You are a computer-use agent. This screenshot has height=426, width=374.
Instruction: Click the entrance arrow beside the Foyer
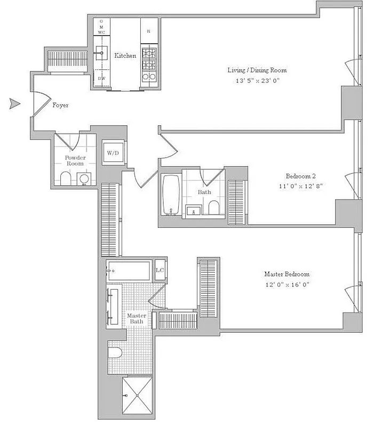point(14,104)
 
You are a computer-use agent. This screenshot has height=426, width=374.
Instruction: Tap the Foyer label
point(60,105)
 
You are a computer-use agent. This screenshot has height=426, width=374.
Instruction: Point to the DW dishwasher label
point(101,79)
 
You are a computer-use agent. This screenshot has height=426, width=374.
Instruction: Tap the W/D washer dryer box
point(113,153)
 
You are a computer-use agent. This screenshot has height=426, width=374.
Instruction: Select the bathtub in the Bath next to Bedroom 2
point(171,195)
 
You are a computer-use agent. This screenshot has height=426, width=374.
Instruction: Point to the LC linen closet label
point(159,270)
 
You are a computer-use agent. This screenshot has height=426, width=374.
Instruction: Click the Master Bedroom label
point(287,274)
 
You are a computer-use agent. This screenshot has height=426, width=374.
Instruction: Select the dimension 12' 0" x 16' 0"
point(287,284)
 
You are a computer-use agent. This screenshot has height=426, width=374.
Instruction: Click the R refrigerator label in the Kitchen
point(148,31)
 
